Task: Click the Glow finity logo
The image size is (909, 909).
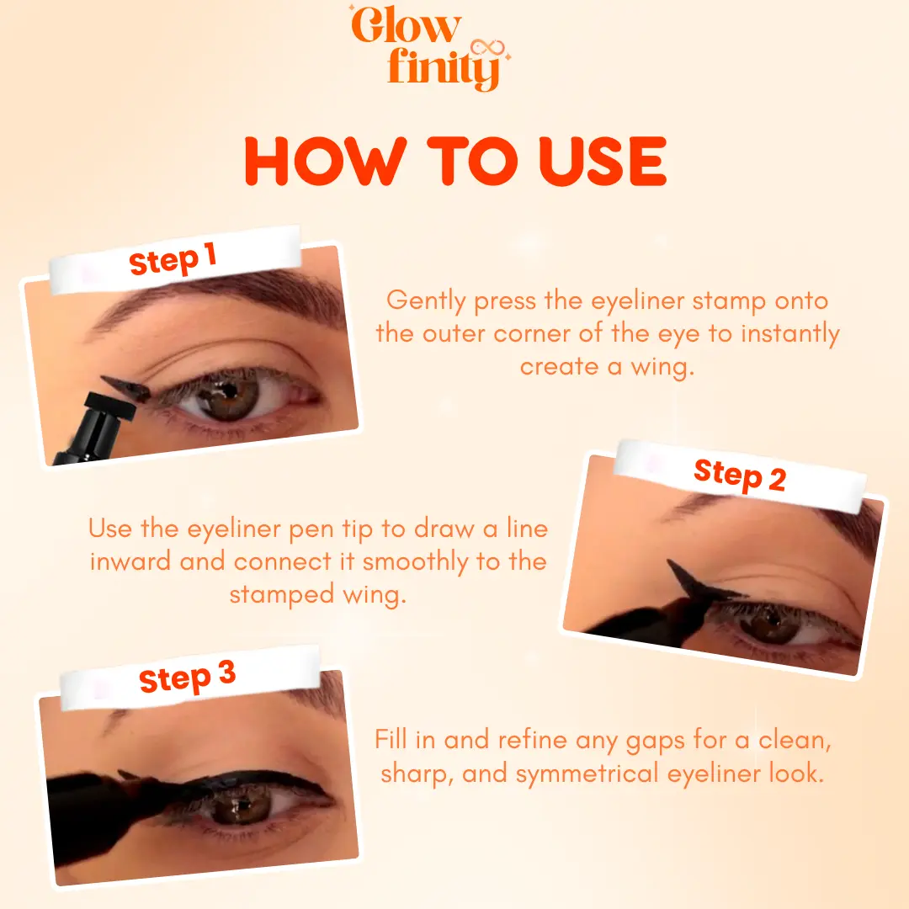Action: click(x=429, y=47)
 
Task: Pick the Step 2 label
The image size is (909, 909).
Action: click(x=740, y=476)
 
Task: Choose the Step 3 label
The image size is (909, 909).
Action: click(x=187, y=677)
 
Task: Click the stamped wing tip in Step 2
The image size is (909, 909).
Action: click(x=670, y=562)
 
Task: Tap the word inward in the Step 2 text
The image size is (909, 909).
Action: click(x=130, y=561)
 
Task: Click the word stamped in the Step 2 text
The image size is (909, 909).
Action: click(x=281, y=595)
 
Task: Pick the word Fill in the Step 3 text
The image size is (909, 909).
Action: click(x=391, y=739)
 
